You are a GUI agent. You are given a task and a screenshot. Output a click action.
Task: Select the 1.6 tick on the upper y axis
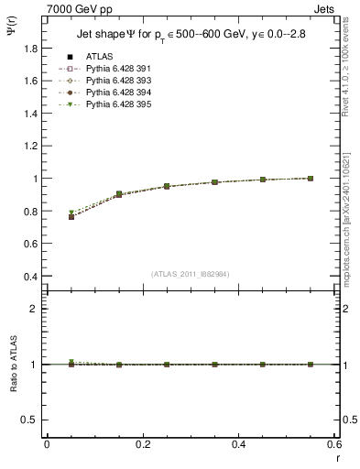click(x=32, y=81)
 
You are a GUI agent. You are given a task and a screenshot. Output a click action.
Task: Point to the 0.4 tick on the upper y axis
click(x=32, y=277)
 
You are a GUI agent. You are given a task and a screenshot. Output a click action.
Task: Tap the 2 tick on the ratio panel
click(x=35, y=309)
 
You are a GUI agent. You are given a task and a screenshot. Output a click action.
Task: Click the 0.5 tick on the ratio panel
click(x=30, y=420)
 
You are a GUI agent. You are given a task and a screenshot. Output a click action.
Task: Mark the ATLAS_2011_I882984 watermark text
click(x=191, y=272)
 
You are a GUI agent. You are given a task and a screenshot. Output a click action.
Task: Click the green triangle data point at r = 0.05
click(x=71, y=213)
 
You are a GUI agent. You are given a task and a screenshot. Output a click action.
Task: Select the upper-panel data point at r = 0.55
click(x=311, y=178)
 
